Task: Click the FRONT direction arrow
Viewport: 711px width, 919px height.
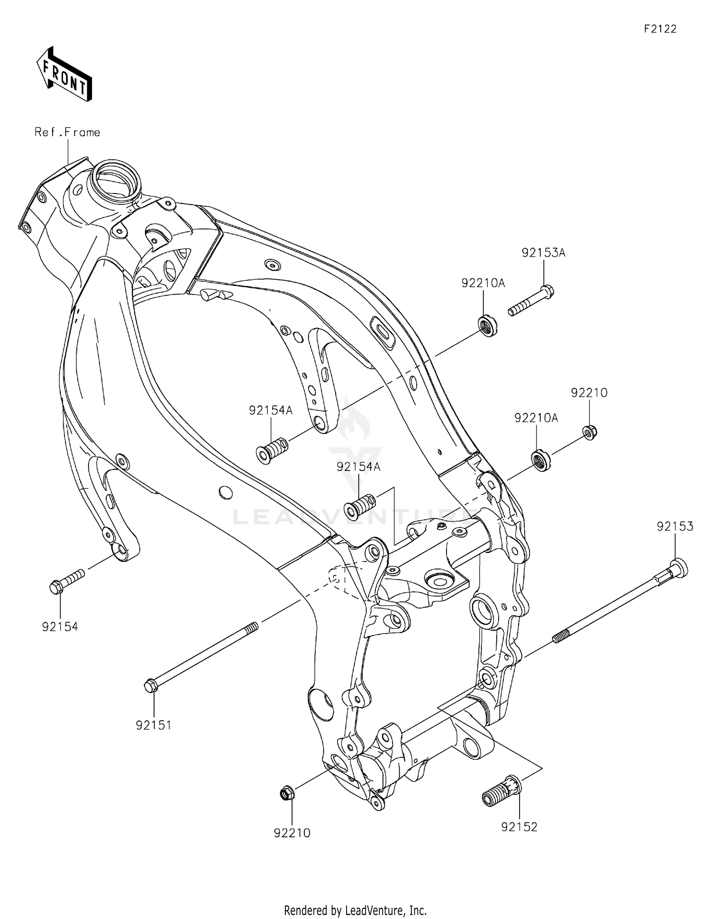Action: tap(64, 74)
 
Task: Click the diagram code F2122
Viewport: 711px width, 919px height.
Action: tap(660, 29)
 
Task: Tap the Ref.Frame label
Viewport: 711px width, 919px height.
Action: tap(67, 132)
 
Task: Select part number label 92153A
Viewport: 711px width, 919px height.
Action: tap(543, 253)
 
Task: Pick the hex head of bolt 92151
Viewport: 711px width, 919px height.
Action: tap(151, 686)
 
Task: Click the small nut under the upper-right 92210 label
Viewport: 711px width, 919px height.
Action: tap(590, 432)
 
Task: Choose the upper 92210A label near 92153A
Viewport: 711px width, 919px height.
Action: tap(483, 283)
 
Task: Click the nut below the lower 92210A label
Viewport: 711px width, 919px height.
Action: tap(540, 460)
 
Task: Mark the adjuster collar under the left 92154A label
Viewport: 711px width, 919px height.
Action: tap(272, 450)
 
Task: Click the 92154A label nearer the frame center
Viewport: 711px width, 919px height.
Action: tap(358, 467)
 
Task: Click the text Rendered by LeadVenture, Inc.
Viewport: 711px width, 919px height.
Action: tap(355, 910)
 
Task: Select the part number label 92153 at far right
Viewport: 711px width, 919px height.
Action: tap(675, 526)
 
